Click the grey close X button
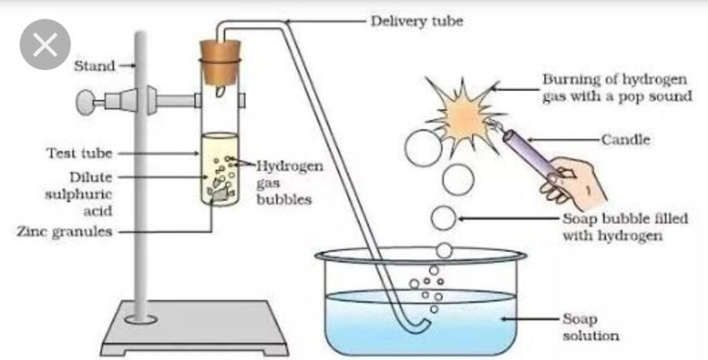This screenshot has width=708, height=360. (45, 44)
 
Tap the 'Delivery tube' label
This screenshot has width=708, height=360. (416, 21)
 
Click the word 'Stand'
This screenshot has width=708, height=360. (94, 66)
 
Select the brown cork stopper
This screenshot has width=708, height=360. (221, 61)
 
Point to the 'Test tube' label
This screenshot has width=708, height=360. (80, 153)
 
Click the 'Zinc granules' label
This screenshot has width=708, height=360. (64, 232)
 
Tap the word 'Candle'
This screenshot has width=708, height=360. (625, 140)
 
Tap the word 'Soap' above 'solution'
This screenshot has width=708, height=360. (579, 319)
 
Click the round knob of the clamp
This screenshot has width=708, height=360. (85, 102)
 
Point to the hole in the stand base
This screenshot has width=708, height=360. (141, 319)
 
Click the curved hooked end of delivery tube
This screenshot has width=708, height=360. (418, 326)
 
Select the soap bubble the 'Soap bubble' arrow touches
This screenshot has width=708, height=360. (443, 218)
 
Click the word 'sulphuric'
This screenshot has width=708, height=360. (78, 194)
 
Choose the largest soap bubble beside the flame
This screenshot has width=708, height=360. (423, 148)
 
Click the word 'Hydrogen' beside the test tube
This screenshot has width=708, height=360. (290, 167)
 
